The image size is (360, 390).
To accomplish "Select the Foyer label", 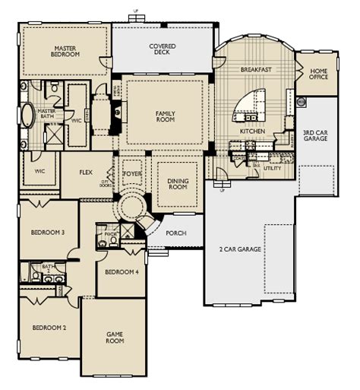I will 132,164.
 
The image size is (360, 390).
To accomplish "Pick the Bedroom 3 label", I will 48,232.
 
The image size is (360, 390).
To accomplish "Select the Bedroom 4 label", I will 122,272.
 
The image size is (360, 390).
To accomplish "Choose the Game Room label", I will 115,338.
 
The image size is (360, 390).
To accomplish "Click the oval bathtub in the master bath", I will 28,116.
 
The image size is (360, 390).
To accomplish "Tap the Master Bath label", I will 47,114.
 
